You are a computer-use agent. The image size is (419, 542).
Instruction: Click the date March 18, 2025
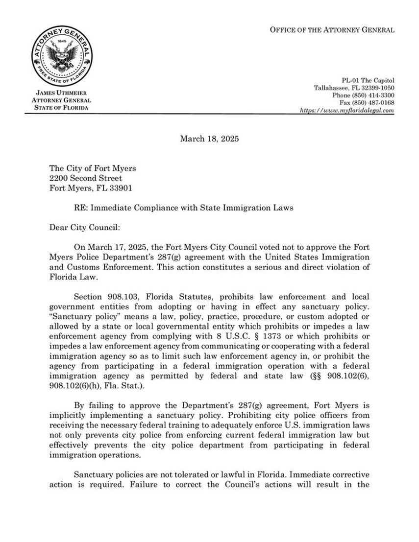pos(209,139)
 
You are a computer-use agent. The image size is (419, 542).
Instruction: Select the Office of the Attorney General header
pos(332,30)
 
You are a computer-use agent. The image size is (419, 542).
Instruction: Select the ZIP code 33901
pos(121,187)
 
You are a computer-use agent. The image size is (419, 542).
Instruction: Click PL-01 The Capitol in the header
pos(368,80)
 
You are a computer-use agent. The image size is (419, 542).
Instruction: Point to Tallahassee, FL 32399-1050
pos(354,88)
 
